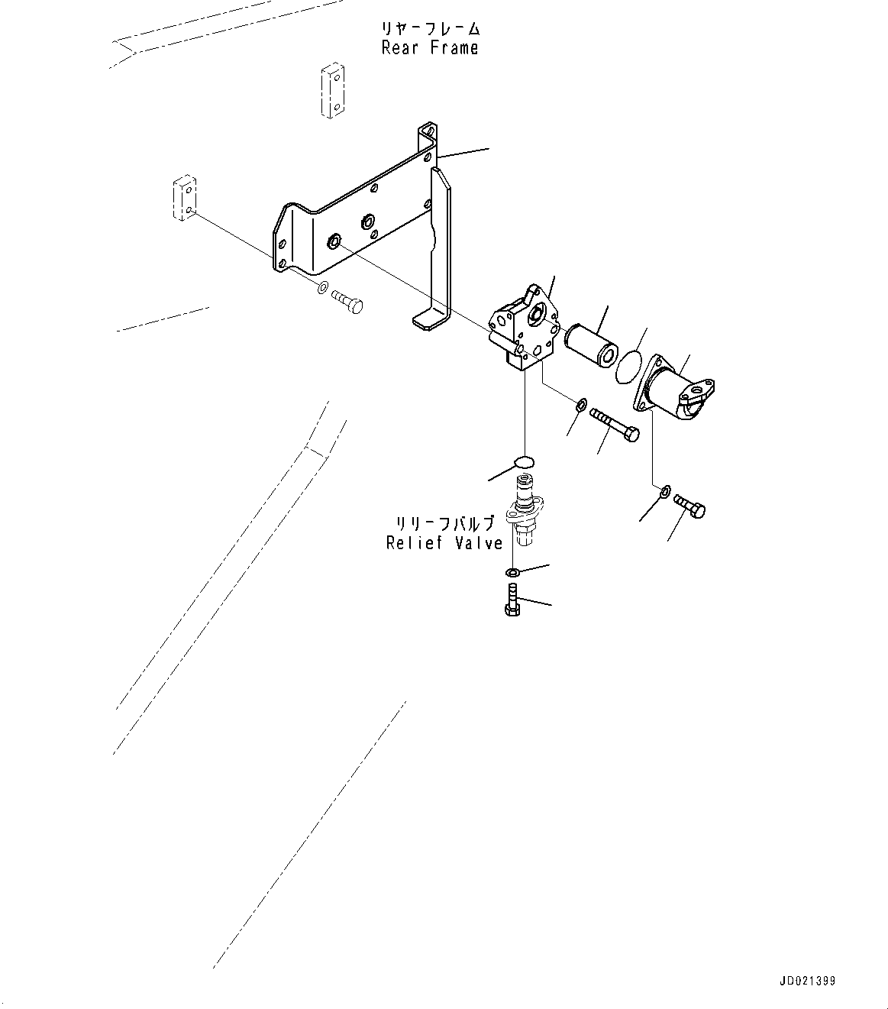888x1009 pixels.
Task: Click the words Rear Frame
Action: pos(430,48)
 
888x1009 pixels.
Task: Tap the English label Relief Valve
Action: pos(444,543)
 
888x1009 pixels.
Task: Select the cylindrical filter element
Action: pos(591,346)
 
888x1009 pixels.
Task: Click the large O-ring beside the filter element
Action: pos(629,367)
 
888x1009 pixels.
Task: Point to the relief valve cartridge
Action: pos(523,509)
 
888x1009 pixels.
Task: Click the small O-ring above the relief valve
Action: pos(524,462)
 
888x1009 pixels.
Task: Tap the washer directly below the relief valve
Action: pos(512,571)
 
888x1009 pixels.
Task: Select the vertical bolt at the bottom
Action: pos(512,600)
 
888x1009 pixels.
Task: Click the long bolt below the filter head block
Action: pos(614,425)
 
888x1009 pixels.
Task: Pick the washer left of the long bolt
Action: pos(581,406)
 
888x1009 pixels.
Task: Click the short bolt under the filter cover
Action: pos(689,506)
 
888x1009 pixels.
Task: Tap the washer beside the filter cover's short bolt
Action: pos(665,492)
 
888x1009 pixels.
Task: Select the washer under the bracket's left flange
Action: pos(323,287)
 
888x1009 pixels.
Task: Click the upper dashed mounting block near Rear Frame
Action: pos(332,90)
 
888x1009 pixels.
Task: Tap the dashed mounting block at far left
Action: pos(184,198)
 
